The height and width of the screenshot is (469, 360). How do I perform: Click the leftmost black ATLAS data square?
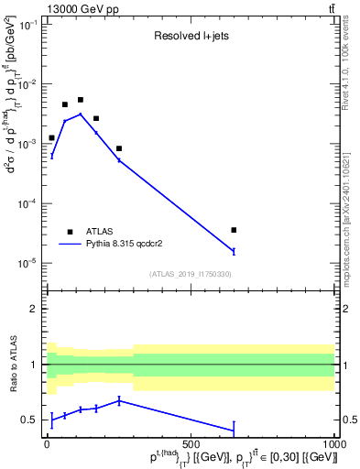click(51, 137)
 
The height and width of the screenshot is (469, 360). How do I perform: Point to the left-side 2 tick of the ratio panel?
click(35, 309)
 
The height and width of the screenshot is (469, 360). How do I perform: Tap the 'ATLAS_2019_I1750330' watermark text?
click(191, 274)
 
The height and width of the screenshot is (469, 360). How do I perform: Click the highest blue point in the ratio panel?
click(119, 400)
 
